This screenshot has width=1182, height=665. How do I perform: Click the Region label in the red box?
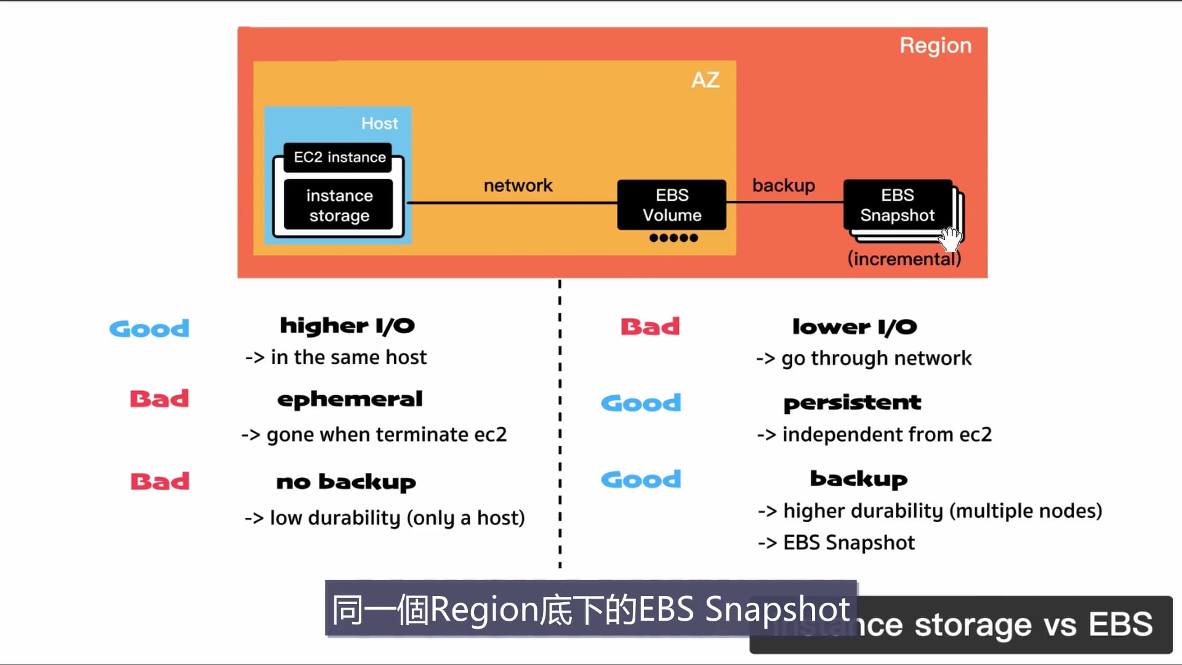click(x=935, y=46)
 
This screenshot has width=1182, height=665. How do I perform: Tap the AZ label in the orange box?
click(x=706, y=80)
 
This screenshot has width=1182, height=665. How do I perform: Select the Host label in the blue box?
click(x=379, y=124)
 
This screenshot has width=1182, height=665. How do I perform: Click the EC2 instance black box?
click(x=339, y=158)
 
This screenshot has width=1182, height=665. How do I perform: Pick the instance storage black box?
click(x=339, y=206)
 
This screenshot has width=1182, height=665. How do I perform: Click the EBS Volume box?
click(x=672, y=205)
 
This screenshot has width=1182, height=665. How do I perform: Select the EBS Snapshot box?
click(x=897, y=205)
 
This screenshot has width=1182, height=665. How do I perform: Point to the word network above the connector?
click(x=518, y=185)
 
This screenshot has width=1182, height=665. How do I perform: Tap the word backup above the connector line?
click(x=783, y=185)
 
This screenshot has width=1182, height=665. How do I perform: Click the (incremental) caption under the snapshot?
click(x=904, y=259)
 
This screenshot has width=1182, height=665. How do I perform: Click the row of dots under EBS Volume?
click(x=673, y=238)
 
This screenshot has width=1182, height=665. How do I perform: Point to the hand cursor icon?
click(x=951, y=238)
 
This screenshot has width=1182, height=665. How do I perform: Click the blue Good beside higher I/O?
click(x=149, y=329)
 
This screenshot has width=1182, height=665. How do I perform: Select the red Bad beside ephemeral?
click(x=159, y=399)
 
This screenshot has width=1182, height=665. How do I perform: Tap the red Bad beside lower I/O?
click(x=650, y=326)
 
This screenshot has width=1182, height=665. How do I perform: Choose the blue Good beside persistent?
click(x=641, y=403)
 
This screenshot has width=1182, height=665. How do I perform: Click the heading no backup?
click(x=346, y=482)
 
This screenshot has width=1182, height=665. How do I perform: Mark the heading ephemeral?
click(x=350, y=400)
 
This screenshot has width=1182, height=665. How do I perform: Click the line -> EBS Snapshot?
click(x=836, y=542)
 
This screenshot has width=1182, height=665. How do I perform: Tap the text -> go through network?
click(x=864, y=358)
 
